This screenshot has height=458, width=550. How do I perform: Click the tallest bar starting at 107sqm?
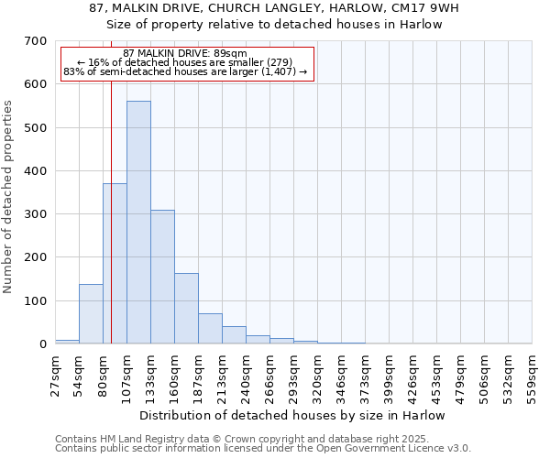click(x=138, y=223)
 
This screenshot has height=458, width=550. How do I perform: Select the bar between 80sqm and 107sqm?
click(x=115, y=264)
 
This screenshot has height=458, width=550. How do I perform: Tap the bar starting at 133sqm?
click(x=162, y=277)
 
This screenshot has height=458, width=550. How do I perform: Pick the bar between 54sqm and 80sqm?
click(x=91, y=314)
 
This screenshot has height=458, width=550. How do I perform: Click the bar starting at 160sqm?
click(x=186, y=309)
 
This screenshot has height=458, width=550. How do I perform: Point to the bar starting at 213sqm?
click(x=234, y=335)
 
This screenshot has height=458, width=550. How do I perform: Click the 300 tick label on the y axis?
click(x=36, y=214)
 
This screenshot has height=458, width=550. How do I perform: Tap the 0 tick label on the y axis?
click(x=42, y=344)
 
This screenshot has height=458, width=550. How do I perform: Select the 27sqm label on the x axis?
click(x=55, y=374)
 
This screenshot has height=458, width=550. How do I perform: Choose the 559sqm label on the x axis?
click(x=532, y=374)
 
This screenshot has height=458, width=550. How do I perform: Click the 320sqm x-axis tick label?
click(x=317, y=374)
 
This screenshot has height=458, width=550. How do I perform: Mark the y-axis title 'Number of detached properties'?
click(x=9, y=196)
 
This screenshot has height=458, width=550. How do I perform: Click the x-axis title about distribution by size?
click(x=292, y=415)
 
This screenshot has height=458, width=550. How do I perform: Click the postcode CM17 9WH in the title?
click(x=423, y=8)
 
